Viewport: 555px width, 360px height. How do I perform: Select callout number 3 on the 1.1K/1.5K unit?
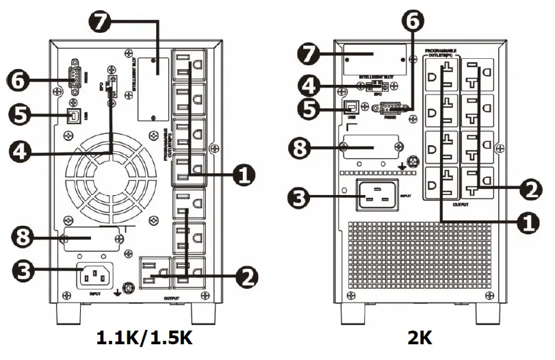(21, 270)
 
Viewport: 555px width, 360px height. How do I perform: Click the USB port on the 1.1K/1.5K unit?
(72, 114)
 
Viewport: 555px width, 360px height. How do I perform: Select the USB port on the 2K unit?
(352, 107)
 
